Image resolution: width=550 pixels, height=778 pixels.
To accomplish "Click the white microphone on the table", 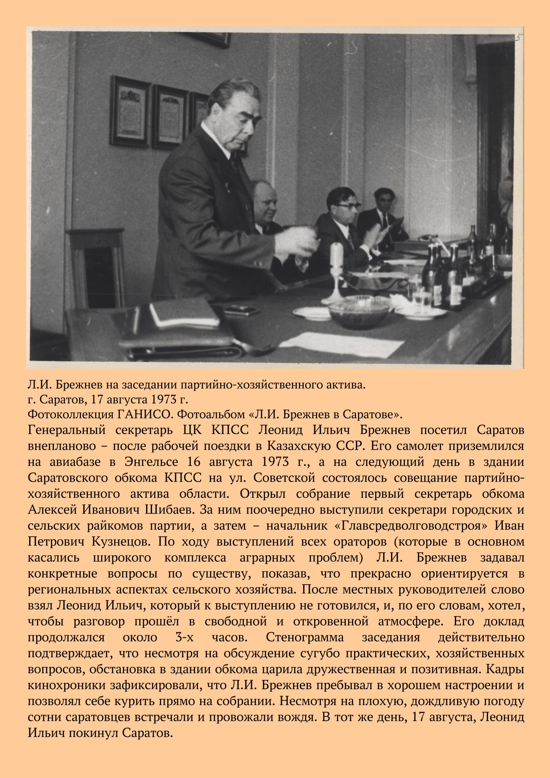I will pos(336,259).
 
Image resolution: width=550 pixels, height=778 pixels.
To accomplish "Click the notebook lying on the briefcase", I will pos(184,312).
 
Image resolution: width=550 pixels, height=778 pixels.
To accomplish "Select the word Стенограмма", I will pos(305,637).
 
